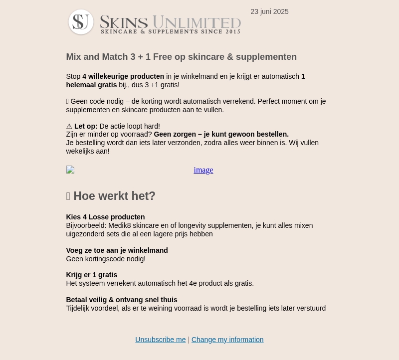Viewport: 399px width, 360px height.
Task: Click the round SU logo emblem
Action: (81, 22)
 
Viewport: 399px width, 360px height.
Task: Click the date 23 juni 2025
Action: (269, 11)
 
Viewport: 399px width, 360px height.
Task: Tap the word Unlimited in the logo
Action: (197, 22)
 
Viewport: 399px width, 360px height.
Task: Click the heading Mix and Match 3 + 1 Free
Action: (181, 57)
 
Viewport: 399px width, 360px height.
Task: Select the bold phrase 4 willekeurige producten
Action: (123, 76)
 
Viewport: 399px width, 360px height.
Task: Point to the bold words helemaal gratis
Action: (91, 85)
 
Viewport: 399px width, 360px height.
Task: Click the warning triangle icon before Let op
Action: (69, 127)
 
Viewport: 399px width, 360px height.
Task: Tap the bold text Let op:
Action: (86, 126)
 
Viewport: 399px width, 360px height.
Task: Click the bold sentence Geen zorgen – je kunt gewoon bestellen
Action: (221, 134)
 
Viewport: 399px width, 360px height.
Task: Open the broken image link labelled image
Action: (203, 170)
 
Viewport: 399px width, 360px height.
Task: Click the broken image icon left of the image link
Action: (70, 170)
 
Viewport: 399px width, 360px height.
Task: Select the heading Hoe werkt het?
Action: (114, 196)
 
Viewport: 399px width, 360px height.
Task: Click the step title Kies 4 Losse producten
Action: (105, 217)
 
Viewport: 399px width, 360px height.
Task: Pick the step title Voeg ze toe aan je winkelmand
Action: (117, 250)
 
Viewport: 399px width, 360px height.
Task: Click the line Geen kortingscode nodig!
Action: (106, 259)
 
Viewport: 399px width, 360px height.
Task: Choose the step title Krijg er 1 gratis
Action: (91, 275)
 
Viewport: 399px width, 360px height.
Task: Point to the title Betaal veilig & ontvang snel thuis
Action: (122, 300)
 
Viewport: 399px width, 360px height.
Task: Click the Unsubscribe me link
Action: (160, 340)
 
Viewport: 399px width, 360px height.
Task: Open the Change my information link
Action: (227, 340)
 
